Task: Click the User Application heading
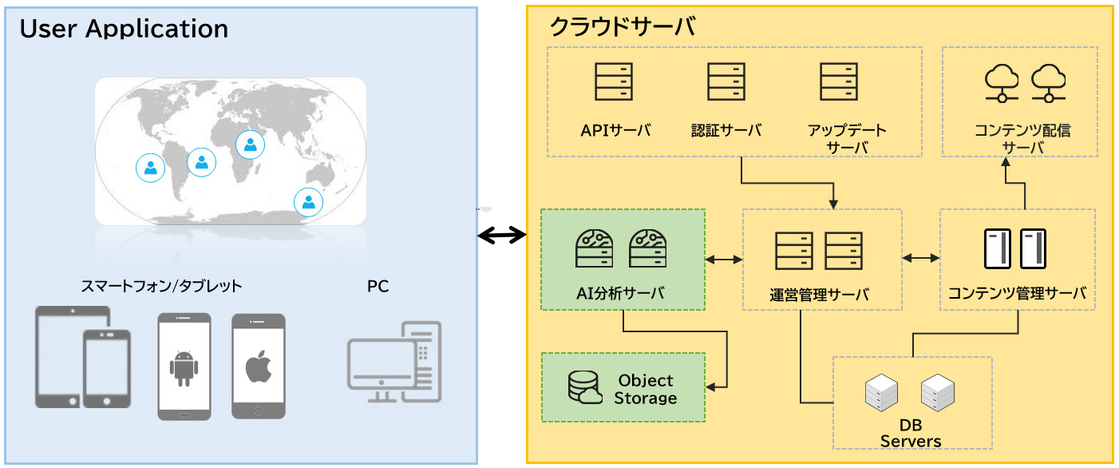click(124, 29)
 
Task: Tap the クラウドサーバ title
click(622, 27)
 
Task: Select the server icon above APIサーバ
click(614, 81)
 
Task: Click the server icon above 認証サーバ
click(726, 81)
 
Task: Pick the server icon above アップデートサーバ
click(839, 81)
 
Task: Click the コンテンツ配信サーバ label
click(1022, 139)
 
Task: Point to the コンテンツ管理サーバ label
click(1017, 293)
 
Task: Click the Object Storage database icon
click(584, 387)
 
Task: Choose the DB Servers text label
click(911, 433)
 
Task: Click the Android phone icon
click(184, 367)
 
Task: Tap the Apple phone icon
click(258, 367)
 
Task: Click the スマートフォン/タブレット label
click(161, 286)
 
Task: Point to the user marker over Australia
click(308, 201)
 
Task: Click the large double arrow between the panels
click(502, 235)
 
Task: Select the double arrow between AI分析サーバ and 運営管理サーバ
click(724, 260)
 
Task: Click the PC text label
click(378, 286)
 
